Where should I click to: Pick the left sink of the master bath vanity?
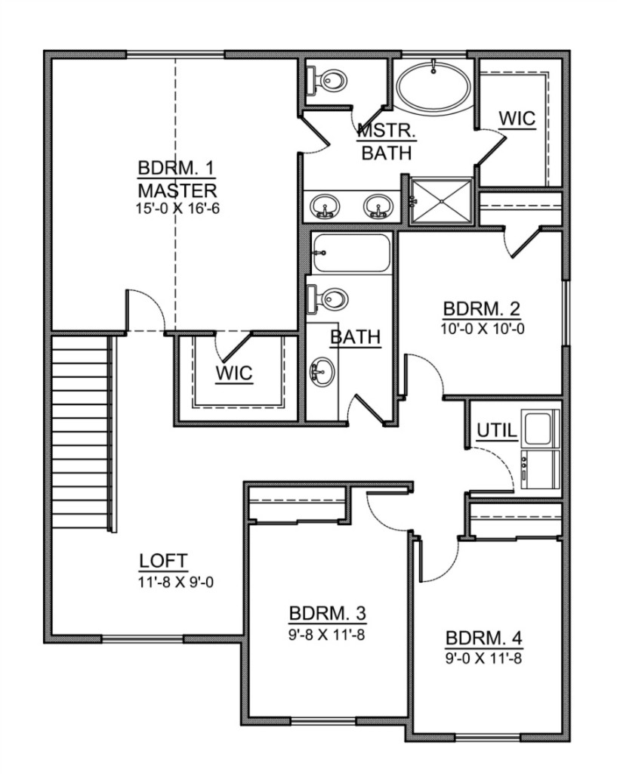click(x=325, y=206)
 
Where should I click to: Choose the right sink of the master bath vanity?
click(x=378, y=206)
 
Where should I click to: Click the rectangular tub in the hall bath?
click(x=351, y=252)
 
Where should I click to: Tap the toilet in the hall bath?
click(x=328, y=299)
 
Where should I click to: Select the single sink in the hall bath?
click(x=322, y=372)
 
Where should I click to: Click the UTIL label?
click(x=497, y=431)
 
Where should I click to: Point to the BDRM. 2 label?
click(x=481, y=309)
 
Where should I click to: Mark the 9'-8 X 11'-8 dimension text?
click(x=326, y=635)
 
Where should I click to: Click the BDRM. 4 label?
click(x=484, y=638)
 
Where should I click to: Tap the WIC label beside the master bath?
click(x=517, y=119)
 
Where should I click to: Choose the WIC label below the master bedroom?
click(x=234, y=373)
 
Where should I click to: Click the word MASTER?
click(x=177, y=190)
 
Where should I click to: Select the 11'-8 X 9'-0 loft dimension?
click(x=176, y=583)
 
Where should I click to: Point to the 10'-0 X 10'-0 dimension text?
click(x=483, y=330)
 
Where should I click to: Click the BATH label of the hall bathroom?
click(x=356, y=337)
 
